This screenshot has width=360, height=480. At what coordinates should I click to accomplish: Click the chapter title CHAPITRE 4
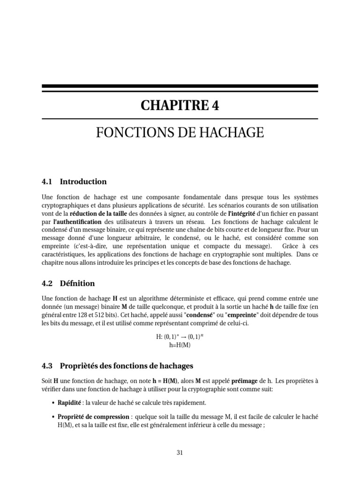tap(180, 106)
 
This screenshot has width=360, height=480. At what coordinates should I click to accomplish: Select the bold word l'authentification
tap(71, 221)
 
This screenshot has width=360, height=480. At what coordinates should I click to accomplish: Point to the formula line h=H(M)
tap(180, 345)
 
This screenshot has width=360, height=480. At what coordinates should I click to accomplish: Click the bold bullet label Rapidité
tap(69, 403)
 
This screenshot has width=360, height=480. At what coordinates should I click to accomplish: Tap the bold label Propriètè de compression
tap(93, 417)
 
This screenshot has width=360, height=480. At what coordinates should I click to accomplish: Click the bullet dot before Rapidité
tap(52, 403)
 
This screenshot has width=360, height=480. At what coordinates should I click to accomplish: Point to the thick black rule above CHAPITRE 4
tap(180, 87)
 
